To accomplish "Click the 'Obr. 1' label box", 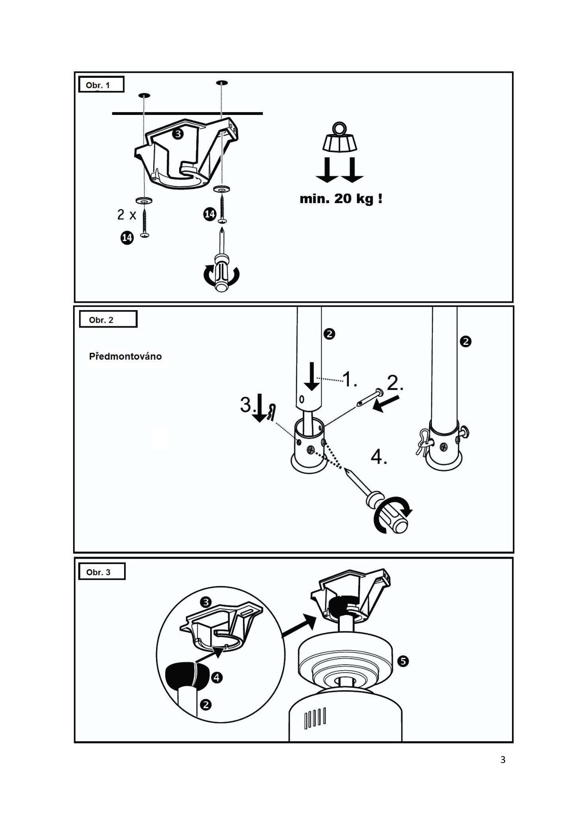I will coord(101,85).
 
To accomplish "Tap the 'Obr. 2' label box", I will coord(108,319).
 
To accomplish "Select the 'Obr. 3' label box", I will coord(101,572).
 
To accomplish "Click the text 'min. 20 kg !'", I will coord(341,199).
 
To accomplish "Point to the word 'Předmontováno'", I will coord(125,356).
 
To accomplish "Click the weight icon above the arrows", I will coord(340,138).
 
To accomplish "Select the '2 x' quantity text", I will coord(126,215).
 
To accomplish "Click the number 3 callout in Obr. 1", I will coord(178,134).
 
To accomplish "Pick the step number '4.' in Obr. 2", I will coord(379,457).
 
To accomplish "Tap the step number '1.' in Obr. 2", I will coord(349,379).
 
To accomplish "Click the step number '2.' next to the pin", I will coord(395,383).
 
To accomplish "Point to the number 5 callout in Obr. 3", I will coord(403,661).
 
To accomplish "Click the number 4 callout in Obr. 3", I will coord(217,678).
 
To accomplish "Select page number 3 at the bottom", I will coord(503,760).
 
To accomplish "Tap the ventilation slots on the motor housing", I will coord(315,718).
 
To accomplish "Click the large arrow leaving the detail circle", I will coord(299,625).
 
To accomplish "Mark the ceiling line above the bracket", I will coord(187,113).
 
